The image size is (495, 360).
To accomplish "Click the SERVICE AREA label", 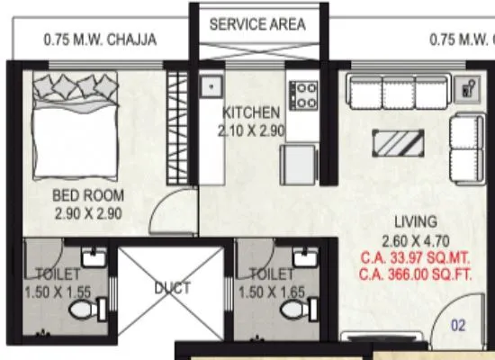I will click(256, 24).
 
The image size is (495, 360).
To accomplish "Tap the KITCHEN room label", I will click(251, 113).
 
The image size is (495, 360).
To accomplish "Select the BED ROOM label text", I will click(87, 196).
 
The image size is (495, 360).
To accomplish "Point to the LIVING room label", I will click(415, 221).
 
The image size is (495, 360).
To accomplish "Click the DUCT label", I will click(171, 289).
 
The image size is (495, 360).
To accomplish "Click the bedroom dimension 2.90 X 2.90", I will click(87, 213).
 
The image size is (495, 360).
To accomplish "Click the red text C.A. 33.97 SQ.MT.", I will click(415, 257).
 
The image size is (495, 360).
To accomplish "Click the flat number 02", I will click(458, 325).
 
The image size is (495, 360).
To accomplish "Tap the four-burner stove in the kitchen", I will click(302, 95).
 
